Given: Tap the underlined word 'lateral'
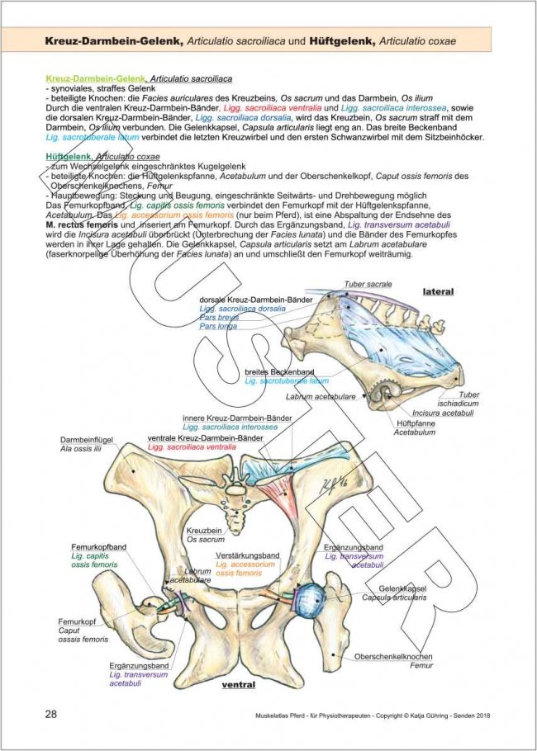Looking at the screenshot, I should pos(439,292).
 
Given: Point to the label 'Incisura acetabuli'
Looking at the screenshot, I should pos(438,413).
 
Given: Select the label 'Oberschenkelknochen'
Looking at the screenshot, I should pos(394,656).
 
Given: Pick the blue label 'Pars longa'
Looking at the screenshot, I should pos(217,326).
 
